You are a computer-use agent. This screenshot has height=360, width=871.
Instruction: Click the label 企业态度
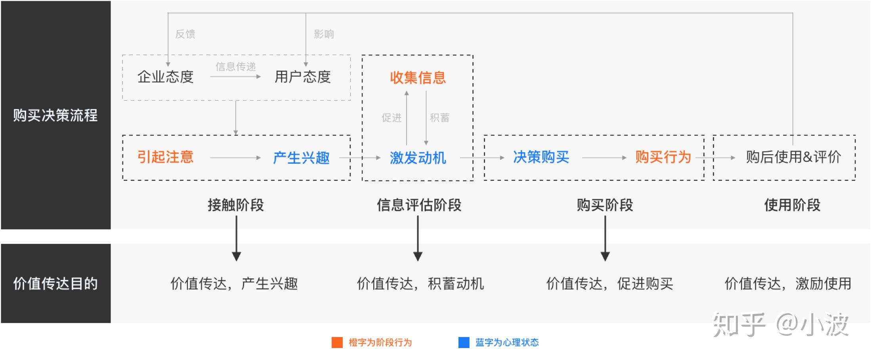tap(165, 77)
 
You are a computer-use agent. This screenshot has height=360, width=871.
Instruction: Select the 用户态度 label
tap(303, 77)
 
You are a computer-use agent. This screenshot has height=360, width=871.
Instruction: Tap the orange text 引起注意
tap(165, 157)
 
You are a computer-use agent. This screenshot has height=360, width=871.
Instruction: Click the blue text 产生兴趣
tap(301, 158)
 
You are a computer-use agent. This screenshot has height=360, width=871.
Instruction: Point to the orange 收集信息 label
tap(418, 77)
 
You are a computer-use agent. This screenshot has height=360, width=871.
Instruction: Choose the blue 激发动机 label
tap(418, 158)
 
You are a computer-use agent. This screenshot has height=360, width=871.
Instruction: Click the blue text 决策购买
tap(541, 157)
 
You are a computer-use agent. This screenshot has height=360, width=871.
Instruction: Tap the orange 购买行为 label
tap(663, 157)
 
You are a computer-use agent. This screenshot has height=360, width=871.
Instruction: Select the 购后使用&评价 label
tap(793, 157)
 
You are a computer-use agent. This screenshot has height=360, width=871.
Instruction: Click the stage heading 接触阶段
tap(236, 205)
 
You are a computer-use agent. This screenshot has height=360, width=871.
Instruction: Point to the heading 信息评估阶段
tap(419, 205)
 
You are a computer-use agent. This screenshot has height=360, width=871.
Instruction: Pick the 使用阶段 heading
tap(792, 205)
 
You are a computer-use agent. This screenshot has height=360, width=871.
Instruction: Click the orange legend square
tap(337, 343)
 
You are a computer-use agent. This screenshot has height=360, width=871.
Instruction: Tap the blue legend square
tap(464, 343)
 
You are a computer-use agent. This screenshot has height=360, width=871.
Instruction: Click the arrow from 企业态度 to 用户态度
tap(235, 77)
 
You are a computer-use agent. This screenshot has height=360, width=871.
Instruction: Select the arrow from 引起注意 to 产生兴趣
tap(235, 158)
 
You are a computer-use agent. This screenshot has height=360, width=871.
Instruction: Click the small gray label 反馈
tap(185, 34)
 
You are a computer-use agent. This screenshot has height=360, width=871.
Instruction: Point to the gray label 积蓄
tap(439, 118)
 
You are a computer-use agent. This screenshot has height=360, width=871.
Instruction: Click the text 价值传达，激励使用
tap(788, 283)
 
